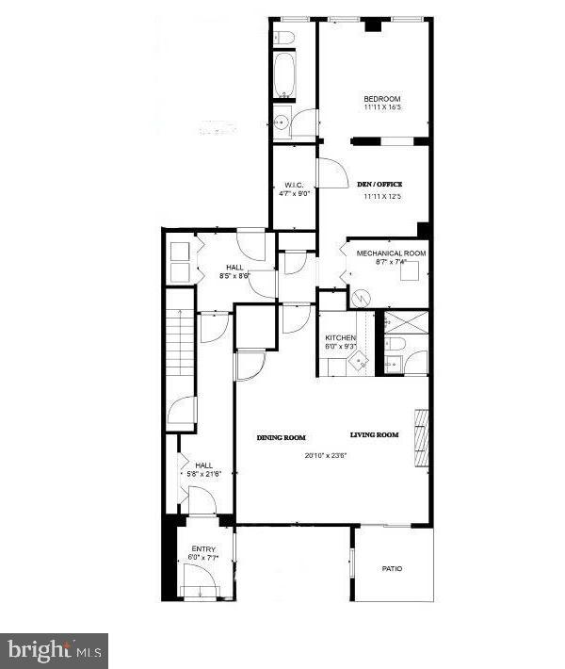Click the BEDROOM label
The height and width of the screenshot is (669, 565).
point(382,99)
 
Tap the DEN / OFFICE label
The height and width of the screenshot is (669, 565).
point(379,184)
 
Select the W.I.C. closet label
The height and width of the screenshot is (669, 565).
point(293,184)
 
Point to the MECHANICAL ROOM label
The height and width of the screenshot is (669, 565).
point(391,253)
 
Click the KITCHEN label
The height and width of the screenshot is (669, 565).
point(340,337)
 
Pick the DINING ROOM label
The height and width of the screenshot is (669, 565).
point(282,437)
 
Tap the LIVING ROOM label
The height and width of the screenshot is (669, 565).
point(375,435)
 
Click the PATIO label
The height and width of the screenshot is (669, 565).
point(394,569)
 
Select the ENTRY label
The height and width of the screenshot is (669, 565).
point(203,548)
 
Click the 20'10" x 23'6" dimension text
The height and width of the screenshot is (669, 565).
point(326,456)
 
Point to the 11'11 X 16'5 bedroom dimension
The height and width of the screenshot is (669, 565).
point(382,108)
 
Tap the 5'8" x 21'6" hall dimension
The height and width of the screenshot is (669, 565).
point(204,474)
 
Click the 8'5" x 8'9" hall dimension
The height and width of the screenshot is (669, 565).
point(234,276)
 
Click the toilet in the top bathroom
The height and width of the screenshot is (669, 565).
point(285,37)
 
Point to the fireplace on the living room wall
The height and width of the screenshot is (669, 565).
point(421,437)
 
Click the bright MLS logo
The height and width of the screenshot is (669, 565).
point(54,650)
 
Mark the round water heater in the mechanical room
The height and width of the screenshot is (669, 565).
point(361,297)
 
